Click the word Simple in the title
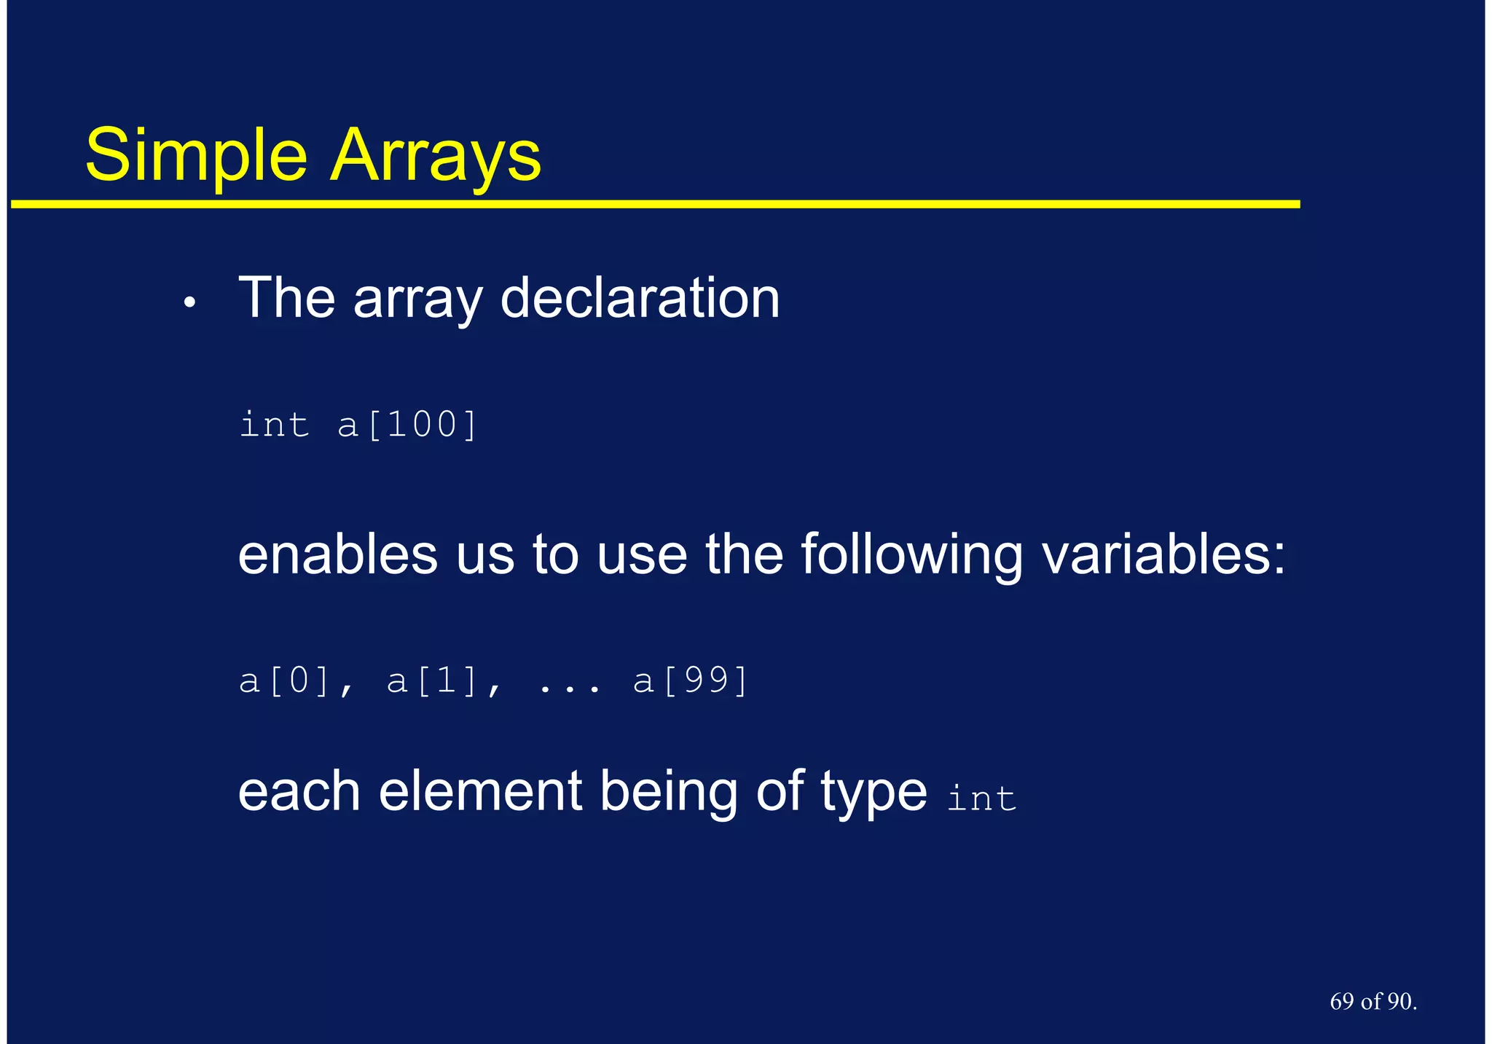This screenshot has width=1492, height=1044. click(196, 157)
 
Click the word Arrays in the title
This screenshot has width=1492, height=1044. click(436, 157)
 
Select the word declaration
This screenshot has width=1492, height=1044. click(640, 298)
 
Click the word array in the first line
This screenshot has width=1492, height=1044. click(417, 300)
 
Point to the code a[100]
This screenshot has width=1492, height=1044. click(407, 425)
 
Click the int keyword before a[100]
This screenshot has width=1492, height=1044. click(274, 425)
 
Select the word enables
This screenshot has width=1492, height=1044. click(337, 554)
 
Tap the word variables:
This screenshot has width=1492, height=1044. click(1163, 554)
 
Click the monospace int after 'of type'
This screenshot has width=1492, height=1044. click(981, 798)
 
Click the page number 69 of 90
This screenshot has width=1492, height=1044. click(1373, 1002)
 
